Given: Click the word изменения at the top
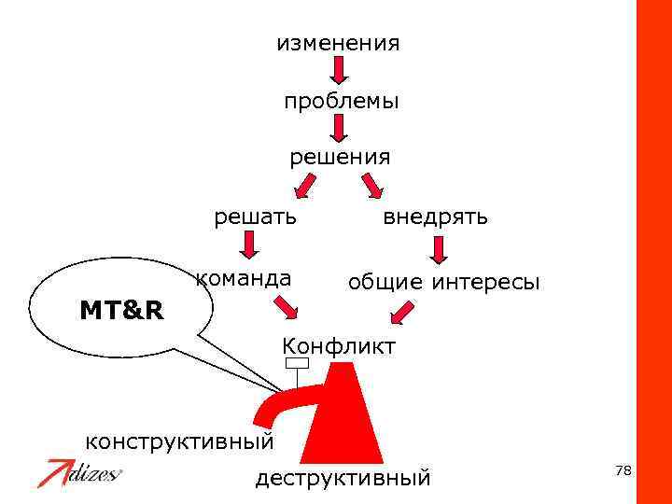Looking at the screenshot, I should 338,43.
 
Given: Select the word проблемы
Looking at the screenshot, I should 342,101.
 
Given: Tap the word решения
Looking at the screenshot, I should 340,157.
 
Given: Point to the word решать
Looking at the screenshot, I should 256,217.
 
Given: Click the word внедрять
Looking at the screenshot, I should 436,217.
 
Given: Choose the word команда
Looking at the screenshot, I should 243,277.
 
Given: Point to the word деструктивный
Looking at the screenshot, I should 343,479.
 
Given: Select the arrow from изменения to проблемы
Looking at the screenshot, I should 339,70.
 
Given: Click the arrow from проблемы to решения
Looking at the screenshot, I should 339,128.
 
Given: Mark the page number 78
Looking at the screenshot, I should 623,471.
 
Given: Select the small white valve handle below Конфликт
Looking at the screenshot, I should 297,363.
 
